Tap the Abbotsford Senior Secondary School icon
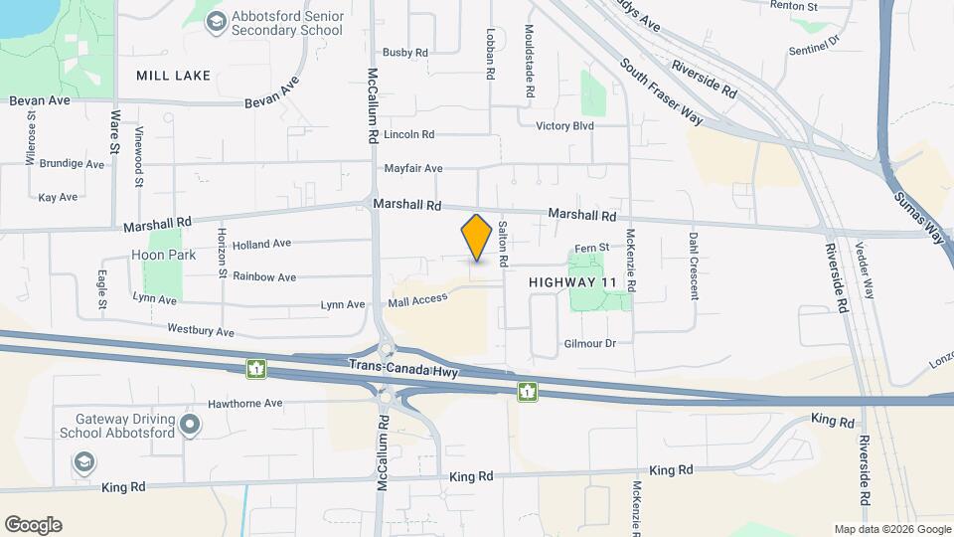tap(216, 21)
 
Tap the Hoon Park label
tap(164, 255)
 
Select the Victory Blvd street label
tap(564, 126)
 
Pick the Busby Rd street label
tap(404, 53)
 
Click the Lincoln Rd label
tap(409, 134)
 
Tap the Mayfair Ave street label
tap(412, 169)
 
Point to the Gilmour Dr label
tap(590, 343)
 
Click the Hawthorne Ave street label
tap(245, 404)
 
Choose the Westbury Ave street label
tap(201, 330)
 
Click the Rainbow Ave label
tap(264, 277)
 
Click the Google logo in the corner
tap(33, 525)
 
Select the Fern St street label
tap(592, 249)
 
